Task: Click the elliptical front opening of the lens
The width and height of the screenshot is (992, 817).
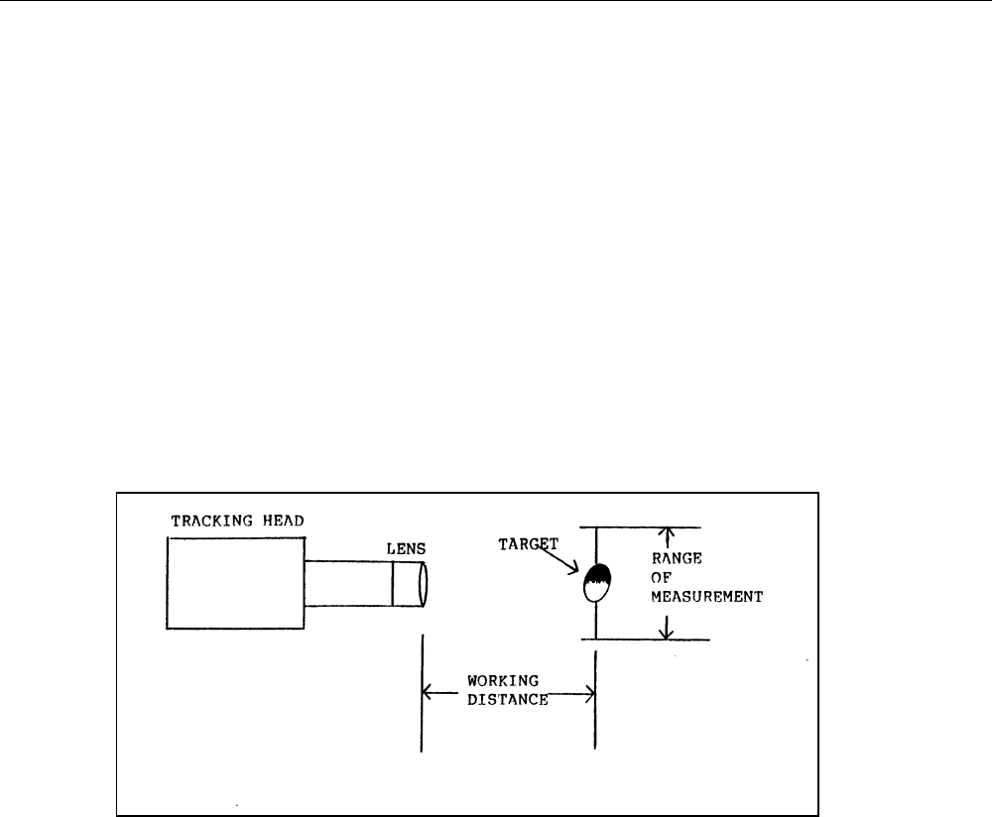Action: click(424, 584)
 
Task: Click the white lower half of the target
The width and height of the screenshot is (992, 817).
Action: click(595, 592)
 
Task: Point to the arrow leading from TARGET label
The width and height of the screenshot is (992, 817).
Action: click(562, 563)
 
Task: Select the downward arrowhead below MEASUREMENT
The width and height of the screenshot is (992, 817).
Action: click(666, 632)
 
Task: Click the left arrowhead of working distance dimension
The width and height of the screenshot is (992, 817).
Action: click(430, 692)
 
